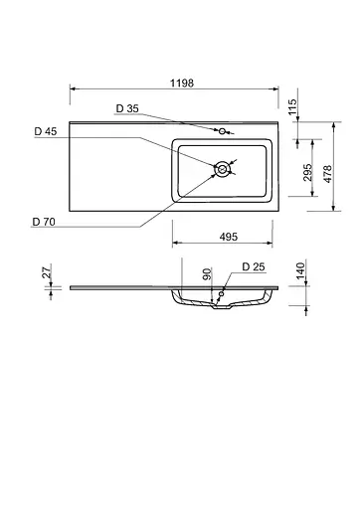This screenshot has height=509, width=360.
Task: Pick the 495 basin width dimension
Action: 227,236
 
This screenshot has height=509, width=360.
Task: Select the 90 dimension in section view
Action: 207,273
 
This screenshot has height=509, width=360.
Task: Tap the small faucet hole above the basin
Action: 225,130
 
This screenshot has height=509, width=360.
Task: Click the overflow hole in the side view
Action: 223,294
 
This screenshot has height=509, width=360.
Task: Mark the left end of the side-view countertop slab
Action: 72,287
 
